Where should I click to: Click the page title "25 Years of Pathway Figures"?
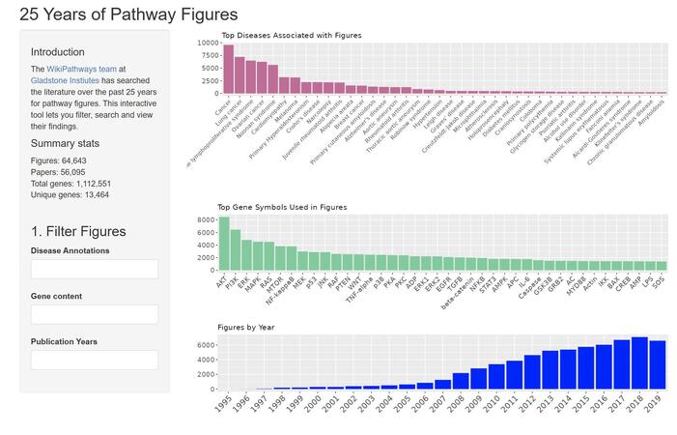[x=128, y=14]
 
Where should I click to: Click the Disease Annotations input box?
[x=95, y=269]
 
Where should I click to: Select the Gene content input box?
[x=95, y=314]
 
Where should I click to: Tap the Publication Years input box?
[x=95, y=360]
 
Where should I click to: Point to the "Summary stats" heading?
[x=71, y=143]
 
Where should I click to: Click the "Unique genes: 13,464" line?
[x=70, y=194]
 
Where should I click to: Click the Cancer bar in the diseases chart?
[x=229, y=69]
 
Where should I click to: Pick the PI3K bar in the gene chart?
[x=236, y=250]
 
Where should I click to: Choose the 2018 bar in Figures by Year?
[x=639, y=363]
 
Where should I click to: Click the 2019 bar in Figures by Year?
[x=658, y=365]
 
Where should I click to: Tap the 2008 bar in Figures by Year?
[x=461, y=381]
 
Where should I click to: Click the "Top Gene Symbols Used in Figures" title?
[x=282, y=207]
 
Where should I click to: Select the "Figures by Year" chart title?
[x=246, y=328]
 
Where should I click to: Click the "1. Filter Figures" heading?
[x=78, y=231]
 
